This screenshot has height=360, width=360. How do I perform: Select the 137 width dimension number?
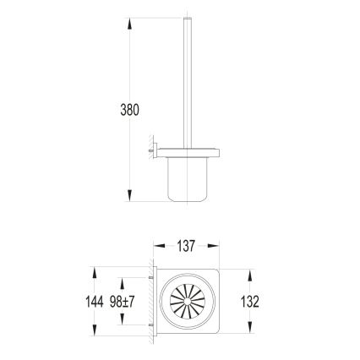pyautogui.click(x=186, y=247)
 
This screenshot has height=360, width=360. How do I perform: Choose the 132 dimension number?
pyautogui.click(x=248, y=302)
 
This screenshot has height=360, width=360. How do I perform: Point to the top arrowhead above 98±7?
pyautogui.click(x=122, y=282)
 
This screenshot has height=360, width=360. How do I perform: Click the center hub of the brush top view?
pyautogui.click(x=188, y=302)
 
